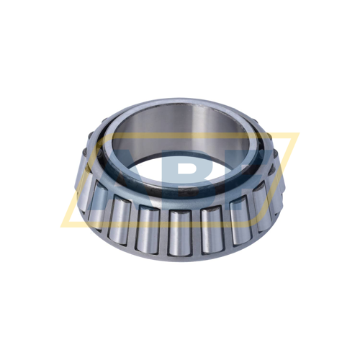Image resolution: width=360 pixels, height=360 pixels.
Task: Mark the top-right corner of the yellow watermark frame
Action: (297, 134)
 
